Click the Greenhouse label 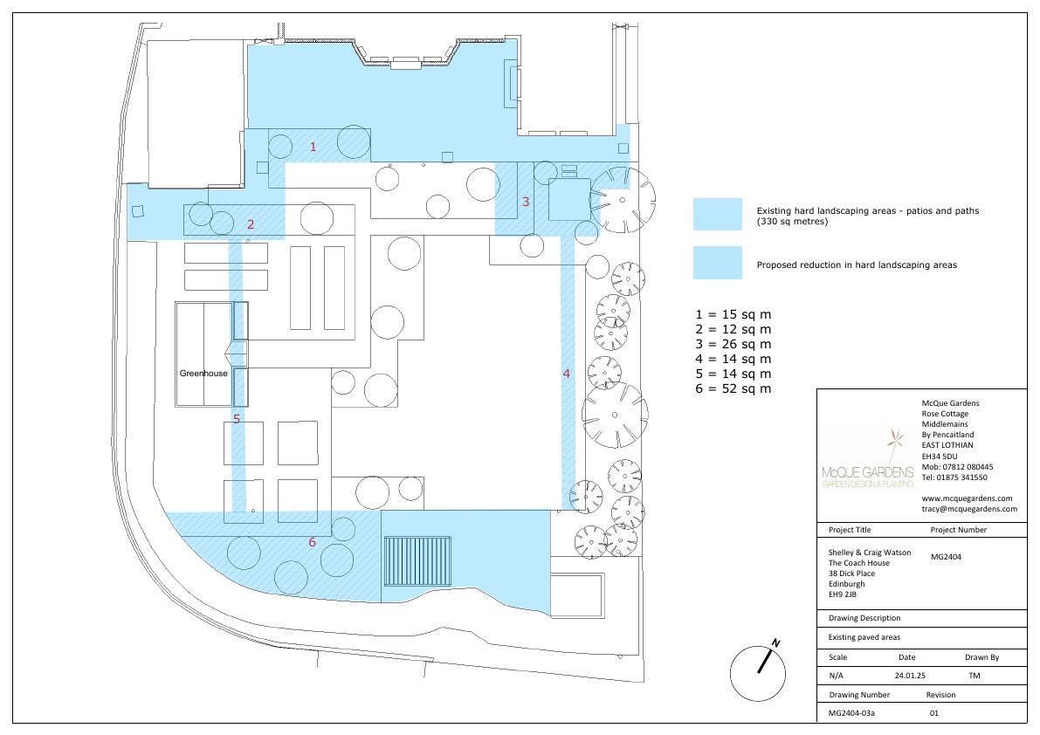point(203,373)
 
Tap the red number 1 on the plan point(313,147)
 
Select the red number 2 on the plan point(251,224)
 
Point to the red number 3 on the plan point(526,202)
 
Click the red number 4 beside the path point(567,374)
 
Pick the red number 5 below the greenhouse point(237,419)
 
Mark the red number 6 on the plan point(313,542)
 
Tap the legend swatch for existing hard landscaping point(718,214)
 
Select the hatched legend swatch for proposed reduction point(718,263)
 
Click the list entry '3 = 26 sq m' point(733,344)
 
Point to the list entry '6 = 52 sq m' point(733,389)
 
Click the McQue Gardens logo point(868,461)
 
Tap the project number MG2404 point(946,557)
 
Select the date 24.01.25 point(909,676)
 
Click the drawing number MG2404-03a point(851,713)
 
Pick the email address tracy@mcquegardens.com point(969,509)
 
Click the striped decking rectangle point(417,561)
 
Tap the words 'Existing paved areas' point(864,637)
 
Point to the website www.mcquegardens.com point(967,498)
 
